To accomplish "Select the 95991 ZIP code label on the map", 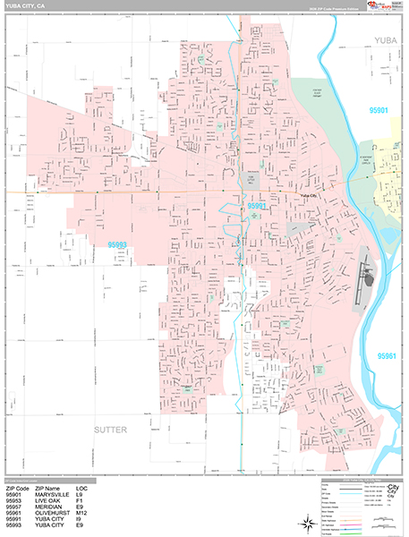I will pos(257,206).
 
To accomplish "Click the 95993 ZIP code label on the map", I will pos(119,243).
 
